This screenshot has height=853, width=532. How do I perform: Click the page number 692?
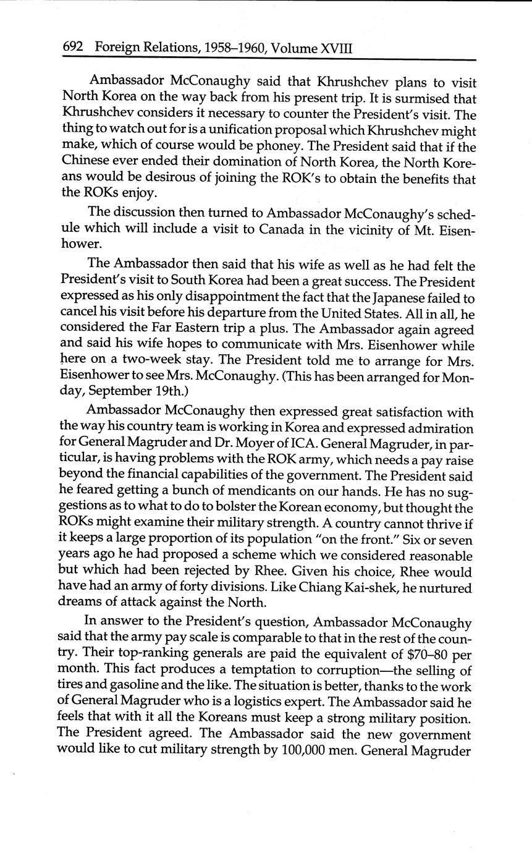click(x=73, y=48)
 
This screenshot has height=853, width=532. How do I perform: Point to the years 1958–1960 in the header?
click(x=227, y=48)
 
